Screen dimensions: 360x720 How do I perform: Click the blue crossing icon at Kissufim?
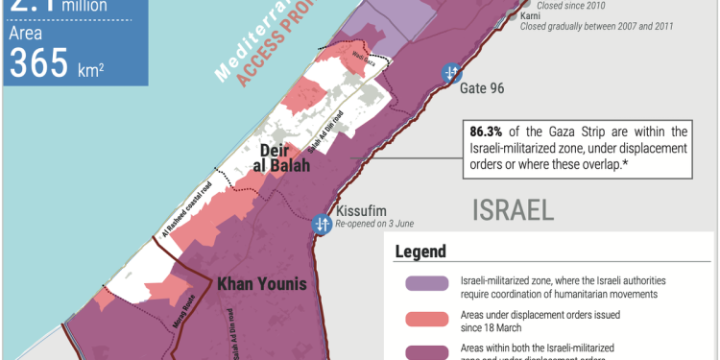coord(322,224)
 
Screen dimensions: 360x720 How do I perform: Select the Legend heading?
coord(420,252)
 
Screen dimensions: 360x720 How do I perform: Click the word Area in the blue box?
coord(26,35)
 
